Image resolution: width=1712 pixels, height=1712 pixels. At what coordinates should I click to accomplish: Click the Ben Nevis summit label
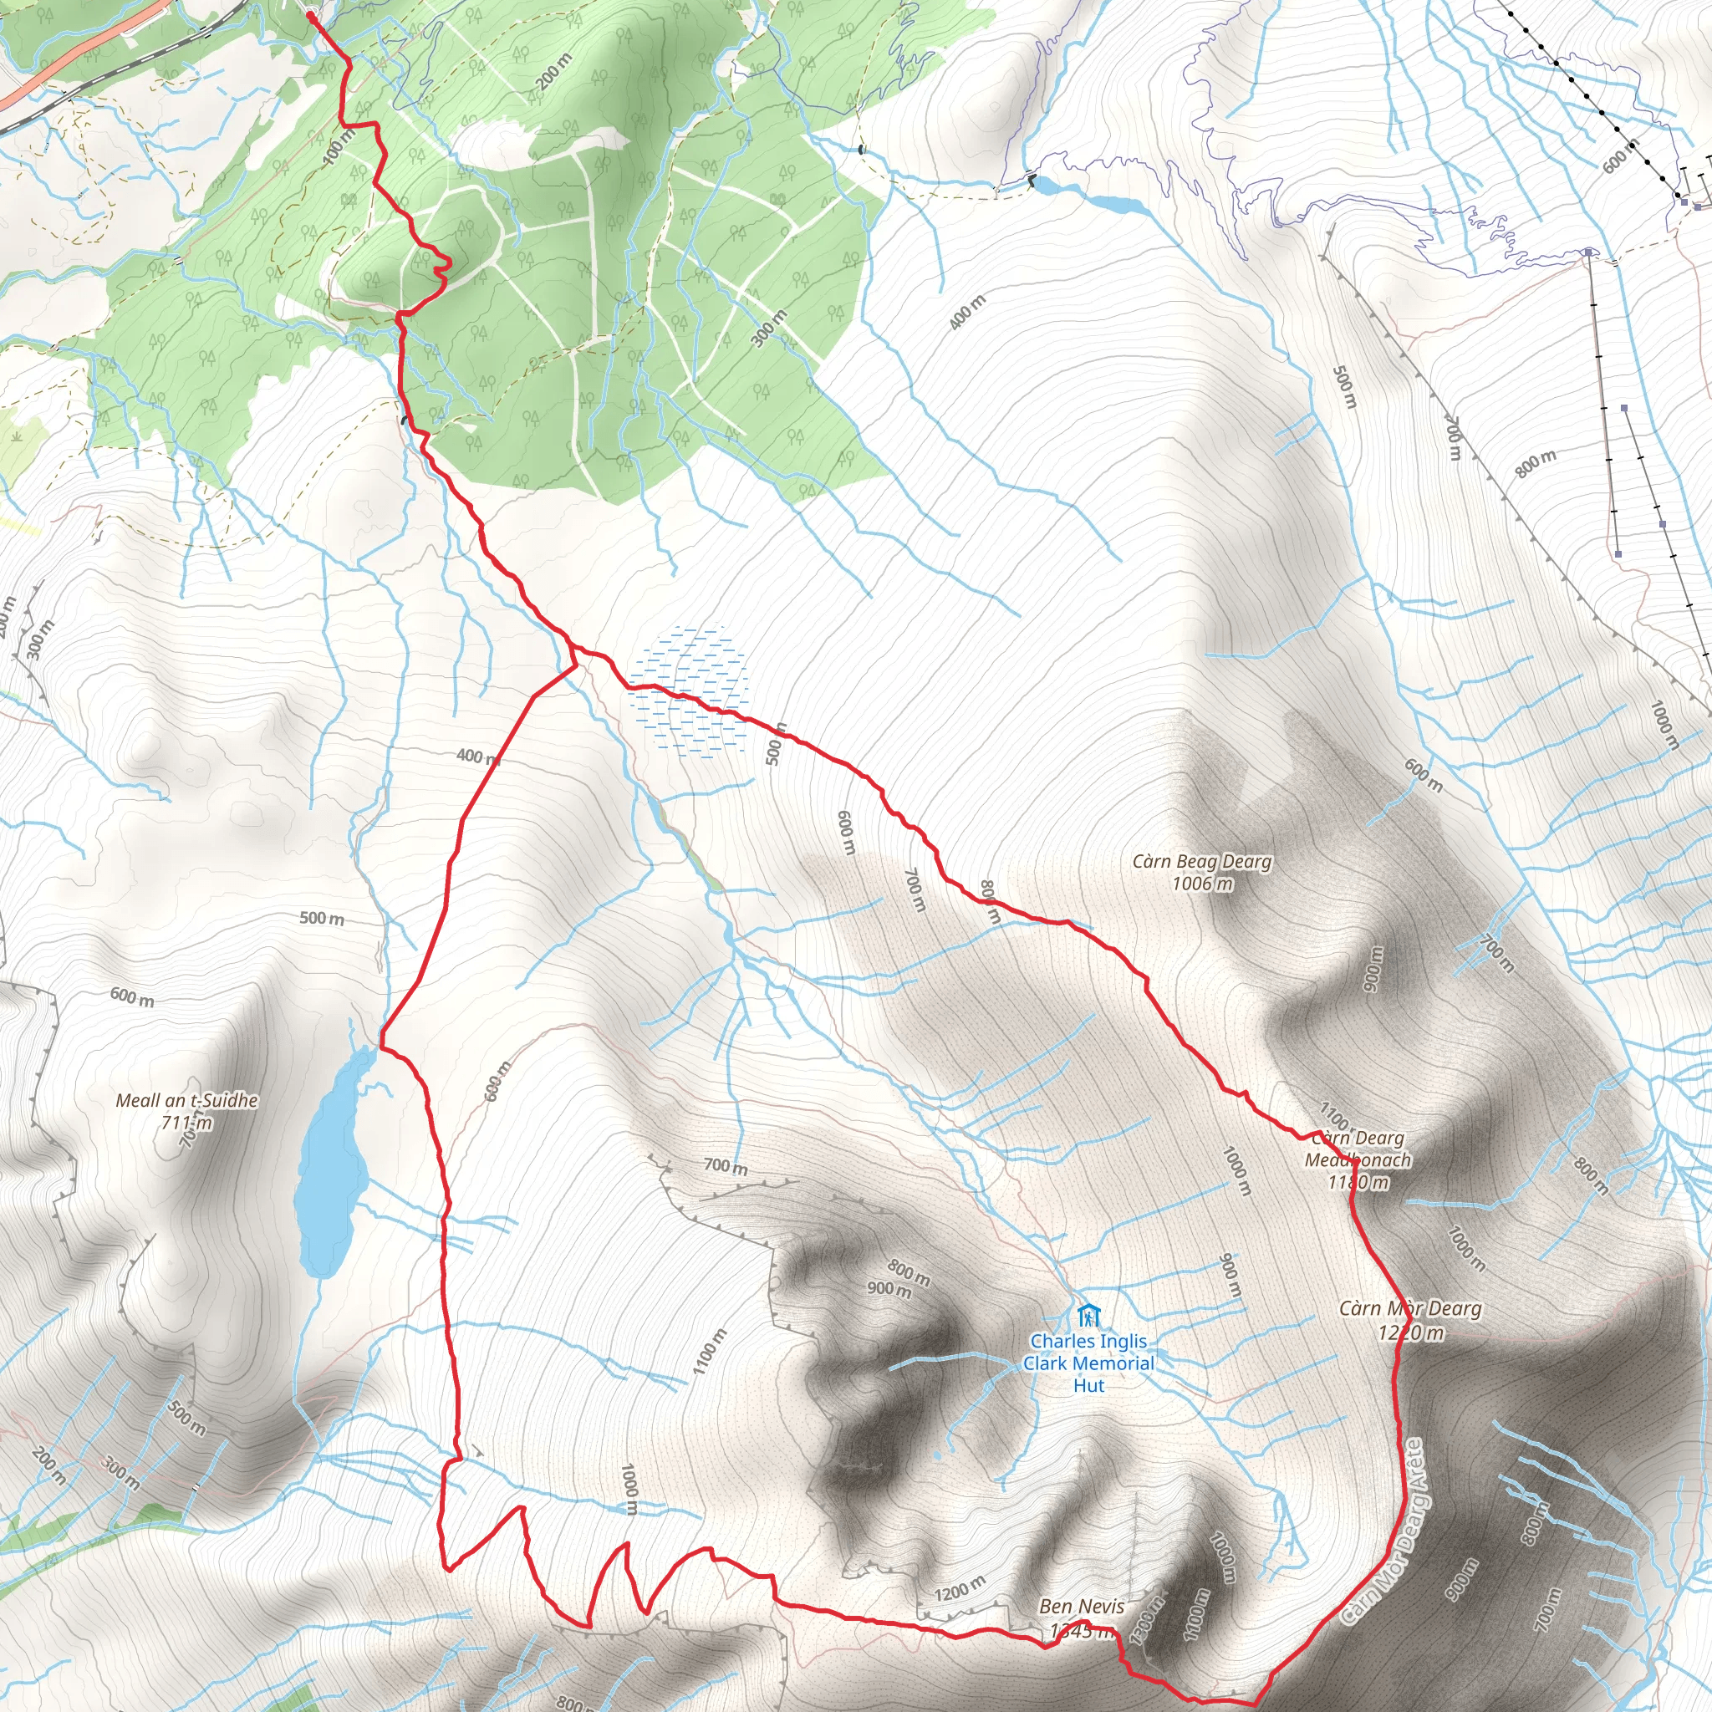pos(1081,1606)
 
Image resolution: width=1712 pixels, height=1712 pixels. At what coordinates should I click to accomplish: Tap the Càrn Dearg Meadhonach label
pos(1358,1149)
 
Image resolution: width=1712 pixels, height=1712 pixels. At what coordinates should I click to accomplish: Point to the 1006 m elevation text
pos(1201,884)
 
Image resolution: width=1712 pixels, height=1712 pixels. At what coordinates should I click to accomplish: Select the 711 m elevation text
pos(187,1123)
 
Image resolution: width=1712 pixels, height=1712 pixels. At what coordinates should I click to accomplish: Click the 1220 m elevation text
pos(1411,1332)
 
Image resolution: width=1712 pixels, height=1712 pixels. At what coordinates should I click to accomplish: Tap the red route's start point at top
pos(311,15)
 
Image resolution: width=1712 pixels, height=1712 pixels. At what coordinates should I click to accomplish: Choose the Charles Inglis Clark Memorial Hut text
pos(1088,1363)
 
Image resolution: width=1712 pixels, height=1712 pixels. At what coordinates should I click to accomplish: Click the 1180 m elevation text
pos(1358,1182)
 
